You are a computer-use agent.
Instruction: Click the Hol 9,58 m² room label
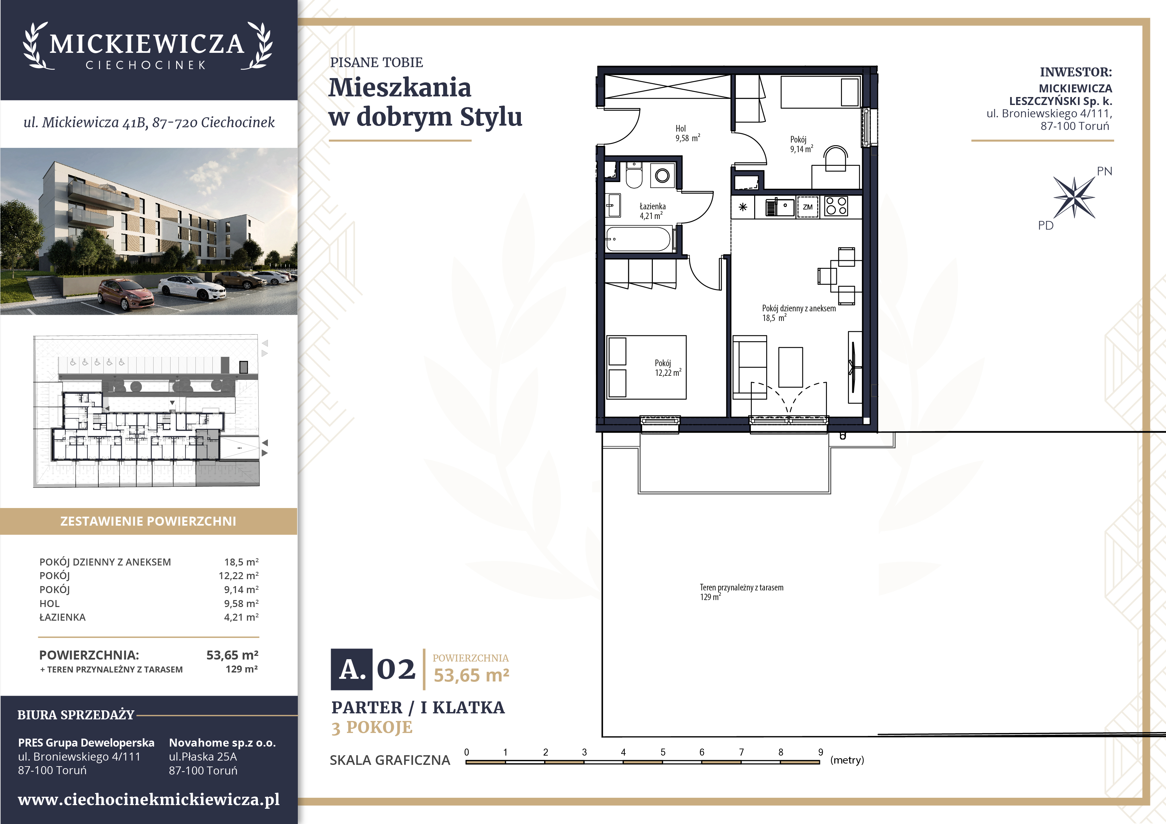click(688, 133)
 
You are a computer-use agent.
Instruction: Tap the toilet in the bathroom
click(634, 175)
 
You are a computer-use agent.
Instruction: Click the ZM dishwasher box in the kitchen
click(807, 207)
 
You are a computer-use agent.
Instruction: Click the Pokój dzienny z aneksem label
click(798, 308)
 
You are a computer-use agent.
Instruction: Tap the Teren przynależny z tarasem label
click(742, 587)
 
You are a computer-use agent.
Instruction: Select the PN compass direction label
click(1105, 171)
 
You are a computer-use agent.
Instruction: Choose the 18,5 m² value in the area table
click(241, 562)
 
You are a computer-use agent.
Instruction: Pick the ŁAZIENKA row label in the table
click(62, 617)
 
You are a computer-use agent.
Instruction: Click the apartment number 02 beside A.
click(396, 669)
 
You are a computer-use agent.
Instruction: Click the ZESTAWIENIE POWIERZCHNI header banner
click(148, 521)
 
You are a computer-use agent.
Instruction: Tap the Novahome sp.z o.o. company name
click(222, 743)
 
